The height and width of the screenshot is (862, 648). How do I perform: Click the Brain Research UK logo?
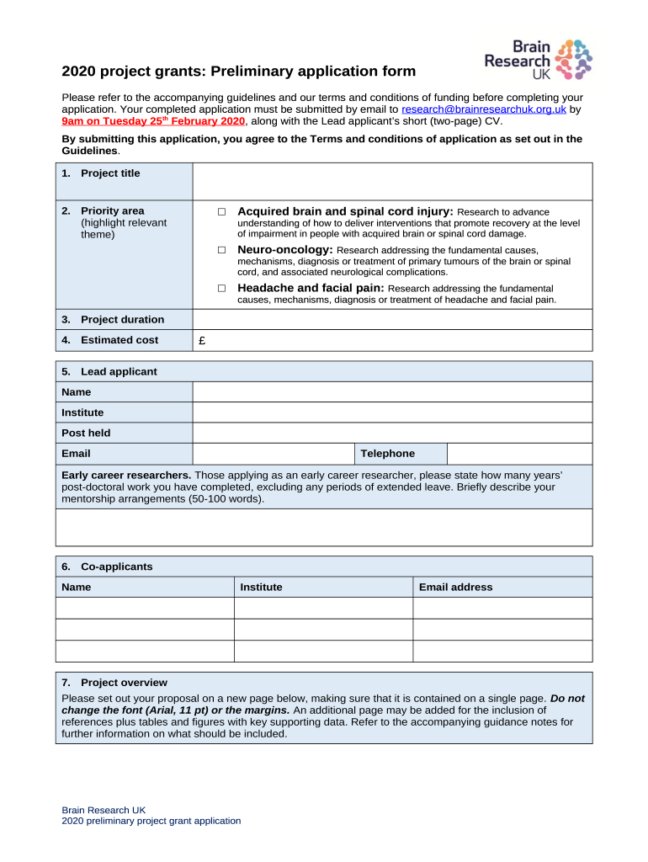538,60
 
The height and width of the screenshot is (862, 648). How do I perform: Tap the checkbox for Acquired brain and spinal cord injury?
221,212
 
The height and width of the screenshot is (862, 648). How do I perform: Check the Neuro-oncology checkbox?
221,250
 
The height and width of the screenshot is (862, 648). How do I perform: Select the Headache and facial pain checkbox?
221,288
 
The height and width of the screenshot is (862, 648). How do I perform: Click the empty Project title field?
392,182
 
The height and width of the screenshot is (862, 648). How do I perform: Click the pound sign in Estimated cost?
201,341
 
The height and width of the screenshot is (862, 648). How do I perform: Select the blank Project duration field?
392,320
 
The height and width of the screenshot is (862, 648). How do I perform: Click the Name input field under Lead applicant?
392,392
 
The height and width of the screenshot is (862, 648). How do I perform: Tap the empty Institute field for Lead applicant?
392,412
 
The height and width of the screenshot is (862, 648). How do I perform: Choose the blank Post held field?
392,434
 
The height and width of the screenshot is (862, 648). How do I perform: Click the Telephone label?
388,454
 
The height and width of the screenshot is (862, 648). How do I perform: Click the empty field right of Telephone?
519,454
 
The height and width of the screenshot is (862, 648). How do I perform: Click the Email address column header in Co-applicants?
455,588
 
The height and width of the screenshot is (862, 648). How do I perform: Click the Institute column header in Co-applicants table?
261,588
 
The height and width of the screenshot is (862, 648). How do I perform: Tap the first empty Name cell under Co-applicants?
144,609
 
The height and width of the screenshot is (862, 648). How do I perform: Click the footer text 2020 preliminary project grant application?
151,821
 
